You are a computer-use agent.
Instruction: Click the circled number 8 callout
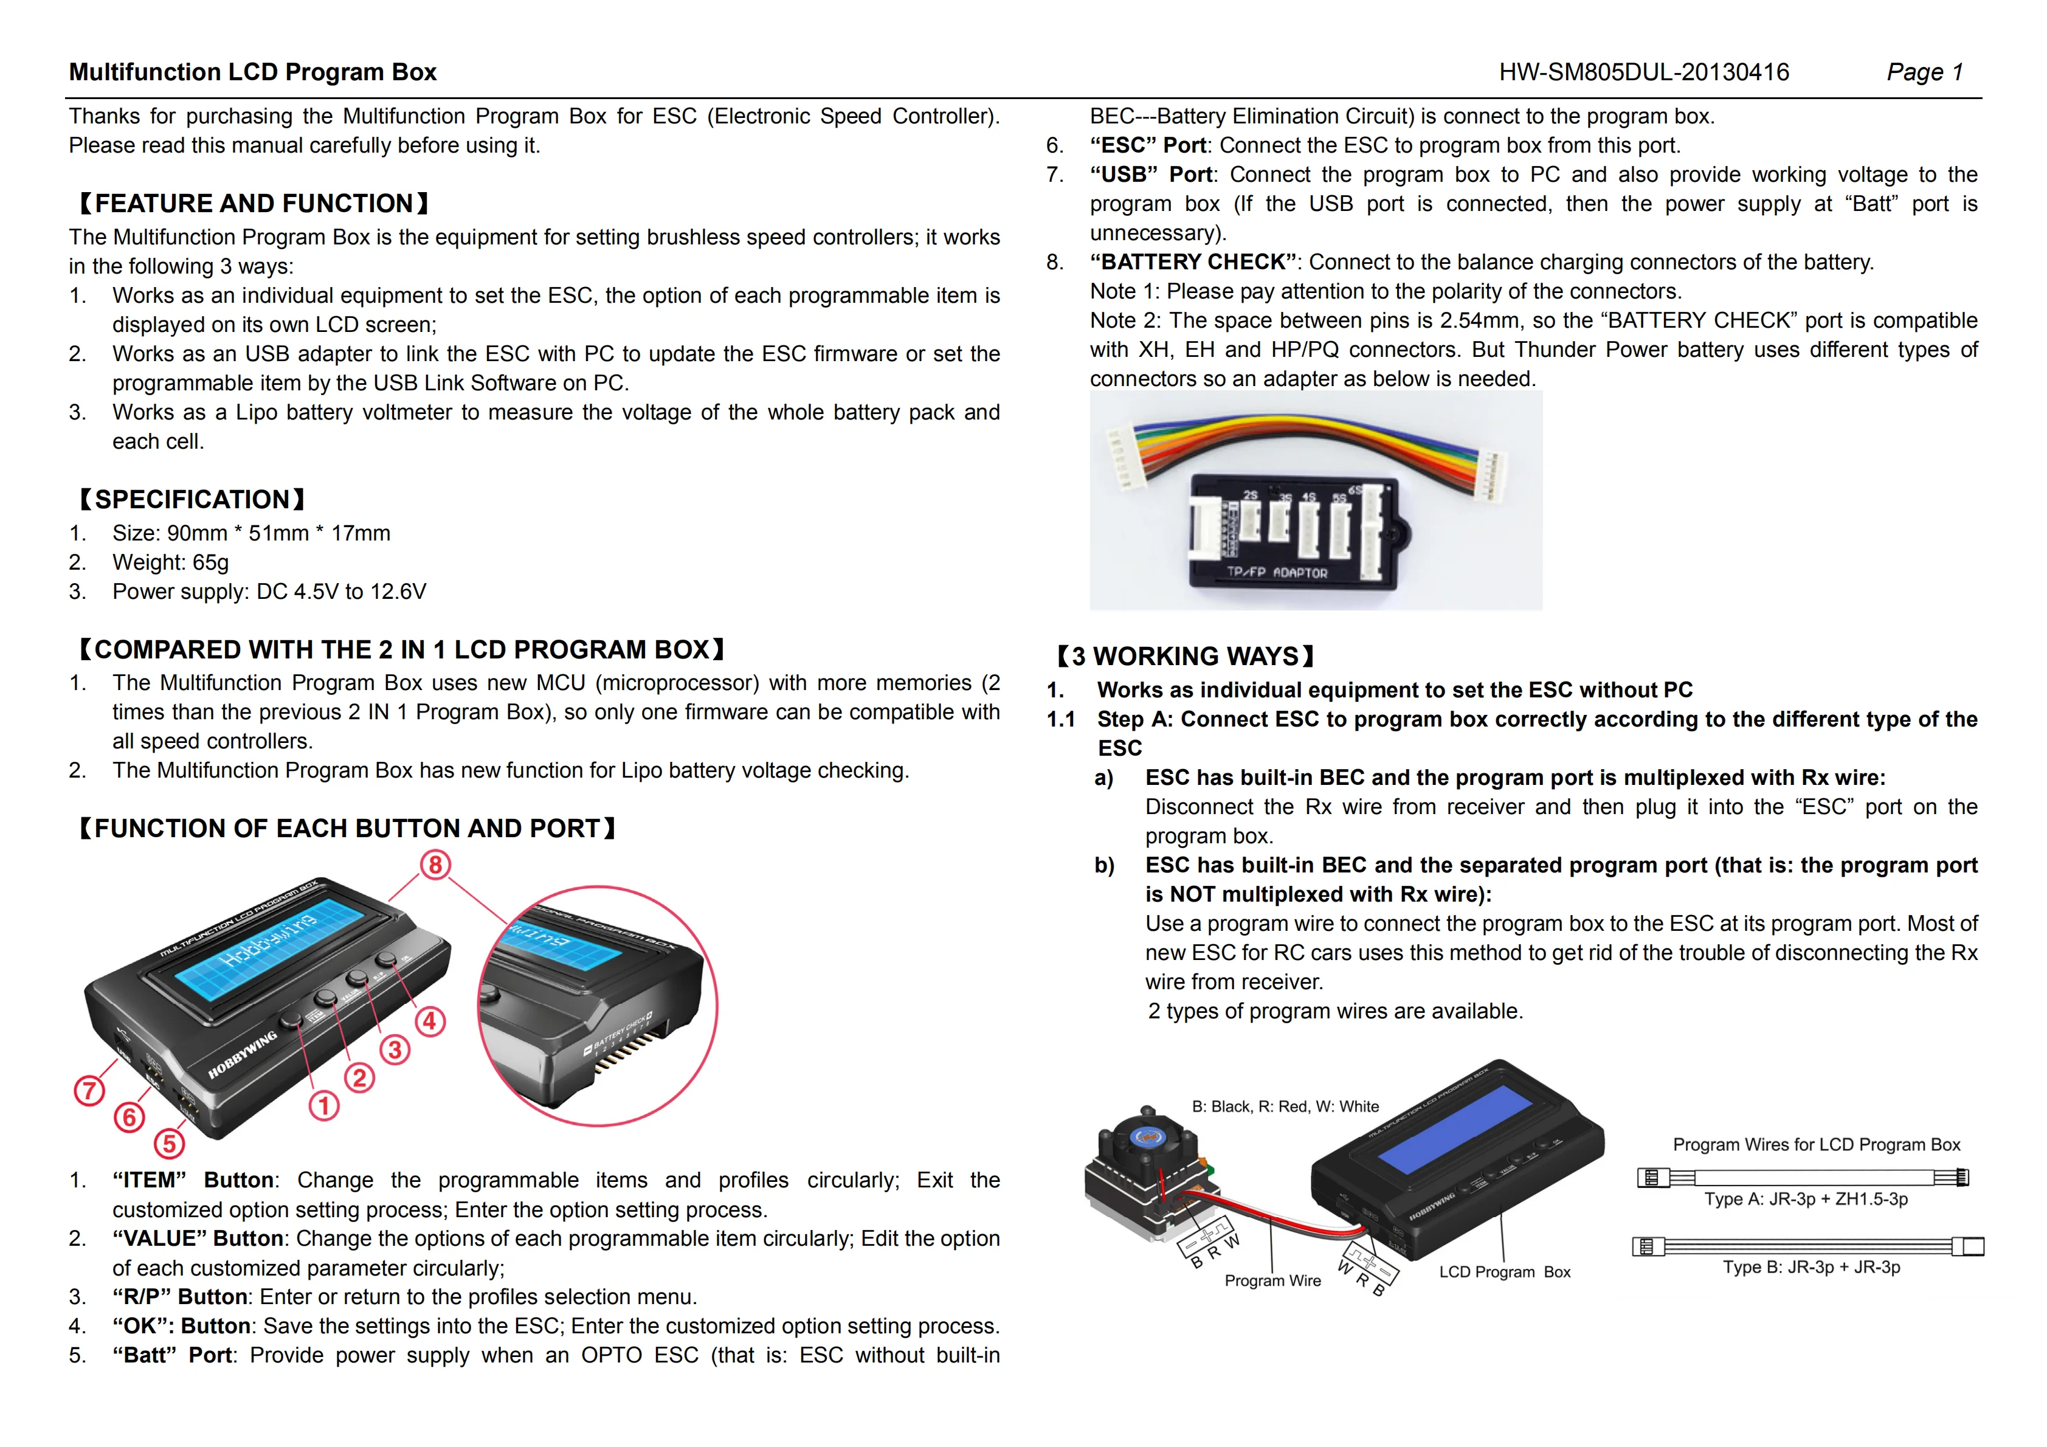(435, 864)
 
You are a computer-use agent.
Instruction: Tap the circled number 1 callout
(323, 1105)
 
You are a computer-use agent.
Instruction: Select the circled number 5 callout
(170, 1143)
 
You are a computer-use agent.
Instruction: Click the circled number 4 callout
(430, 1021)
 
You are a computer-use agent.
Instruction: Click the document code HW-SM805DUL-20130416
(1643, 72)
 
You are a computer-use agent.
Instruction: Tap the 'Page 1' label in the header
(1924, 72)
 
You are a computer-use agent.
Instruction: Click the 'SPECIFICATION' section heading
(192, 499)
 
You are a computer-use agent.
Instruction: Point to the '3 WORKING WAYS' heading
(1185, 656)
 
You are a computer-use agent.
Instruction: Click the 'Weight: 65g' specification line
(170, 562)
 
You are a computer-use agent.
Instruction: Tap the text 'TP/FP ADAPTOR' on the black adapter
(1277, 572)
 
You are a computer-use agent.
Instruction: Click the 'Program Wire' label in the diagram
(1272, 1280)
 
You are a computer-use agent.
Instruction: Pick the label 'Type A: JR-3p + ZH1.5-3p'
(1806, 1199)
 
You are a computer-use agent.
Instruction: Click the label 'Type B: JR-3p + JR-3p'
(1811, 1267)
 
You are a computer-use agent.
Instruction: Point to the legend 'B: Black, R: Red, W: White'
(1285, 1107)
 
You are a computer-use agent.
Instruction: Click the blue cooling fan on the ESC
(1145, 1137)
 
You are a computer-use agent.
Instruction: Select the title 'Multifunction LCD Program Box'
(252, 72)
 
